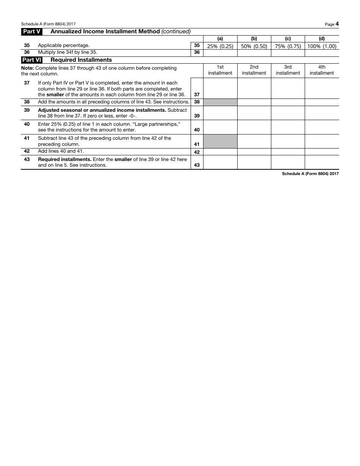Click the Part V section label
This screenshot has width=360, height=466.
31,32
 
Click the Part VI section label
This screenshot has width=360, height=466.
31,60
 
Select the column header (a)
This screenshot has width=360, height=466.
220,39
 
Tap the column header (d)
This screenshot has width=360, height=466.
322,39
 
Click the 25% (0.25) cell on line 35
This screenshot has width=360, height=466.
220,46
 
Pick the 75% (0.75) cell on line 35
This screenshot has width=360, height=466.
288,46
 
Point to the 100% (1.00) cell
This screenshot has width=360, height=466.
322,46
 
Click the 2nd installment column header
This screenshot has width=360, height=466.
254,70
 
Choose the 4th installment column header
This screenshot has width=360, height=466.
322,70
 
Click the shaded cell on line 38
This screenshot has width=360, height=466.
220,102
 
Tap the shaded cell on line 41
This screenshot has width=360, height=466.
220,141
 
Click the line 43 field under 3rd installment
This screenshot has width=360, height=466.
288,162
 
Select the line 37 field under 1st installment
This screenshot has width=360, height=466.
220,88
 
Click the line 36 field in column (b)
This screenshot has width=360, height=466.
254,53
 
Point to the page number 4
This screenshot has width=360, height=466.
337,24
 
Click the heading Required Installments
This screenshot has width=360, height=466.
81,60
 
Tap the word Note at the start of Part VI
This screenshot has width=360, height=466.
27,68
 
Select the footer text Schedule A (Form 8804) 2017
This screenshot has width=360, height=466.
310,174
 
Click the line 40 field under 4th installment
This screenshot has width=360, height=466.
322,127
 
